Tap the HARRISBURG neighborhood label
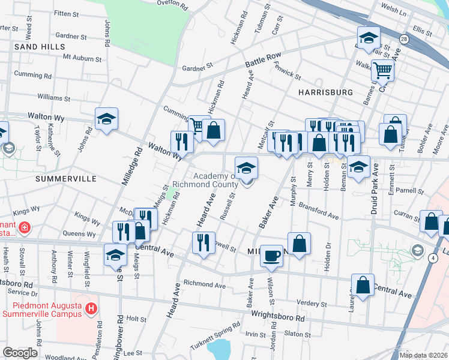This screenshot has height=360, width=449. pos(325,92)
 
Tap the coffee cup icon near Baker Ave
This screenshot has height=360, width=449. pos(271,256)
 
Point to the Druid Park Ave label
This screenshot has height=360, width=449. pos(374,189)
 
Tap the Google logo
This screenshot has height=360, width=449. pos(20,353)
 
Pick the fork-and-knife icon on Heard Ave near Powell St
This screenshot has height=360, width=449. pos(203,243)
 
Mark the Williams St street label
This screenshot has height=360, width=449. pos(53,97)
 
